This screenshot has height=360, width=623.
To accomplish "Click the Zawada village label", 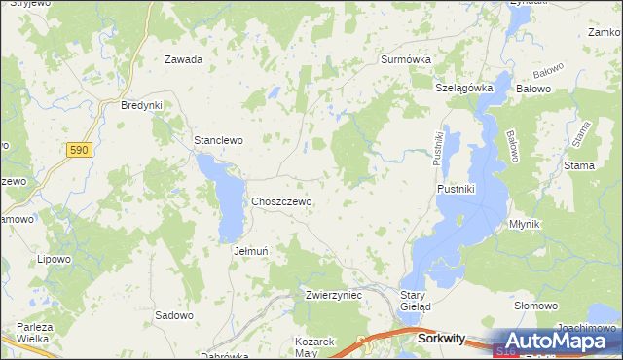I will [x=183, y=59].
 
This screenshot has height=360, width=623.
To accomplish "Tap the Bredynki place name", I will [x=141, y=105].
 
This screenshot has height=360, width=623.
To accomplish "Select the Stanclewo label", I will [x=218, y=140].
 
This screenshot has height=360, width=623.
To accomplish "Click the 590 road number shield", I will [x=79, y=150].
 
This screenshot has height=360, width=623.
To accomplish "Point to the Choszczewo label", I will [x=281, y=201].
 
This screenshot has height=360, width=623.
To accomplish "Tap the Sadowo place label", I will [x=174, y=315].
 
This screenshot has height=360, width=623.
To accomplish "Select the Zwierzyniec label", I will [x=333, y=294].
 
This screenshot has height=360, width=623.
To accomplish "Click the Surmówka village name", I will [x=405, y=59].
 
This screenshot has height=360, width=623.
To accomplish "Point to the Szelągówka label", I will [x=464, y=88].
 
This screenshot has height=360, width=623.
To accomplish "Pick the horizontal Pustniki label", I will [x=456, y=189].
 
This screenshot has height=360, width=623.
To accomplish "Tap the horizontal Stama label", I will [x=578, y=166].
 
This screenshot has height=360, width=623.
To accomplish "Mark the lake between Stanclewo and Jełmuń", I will [x=227, y=199].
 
